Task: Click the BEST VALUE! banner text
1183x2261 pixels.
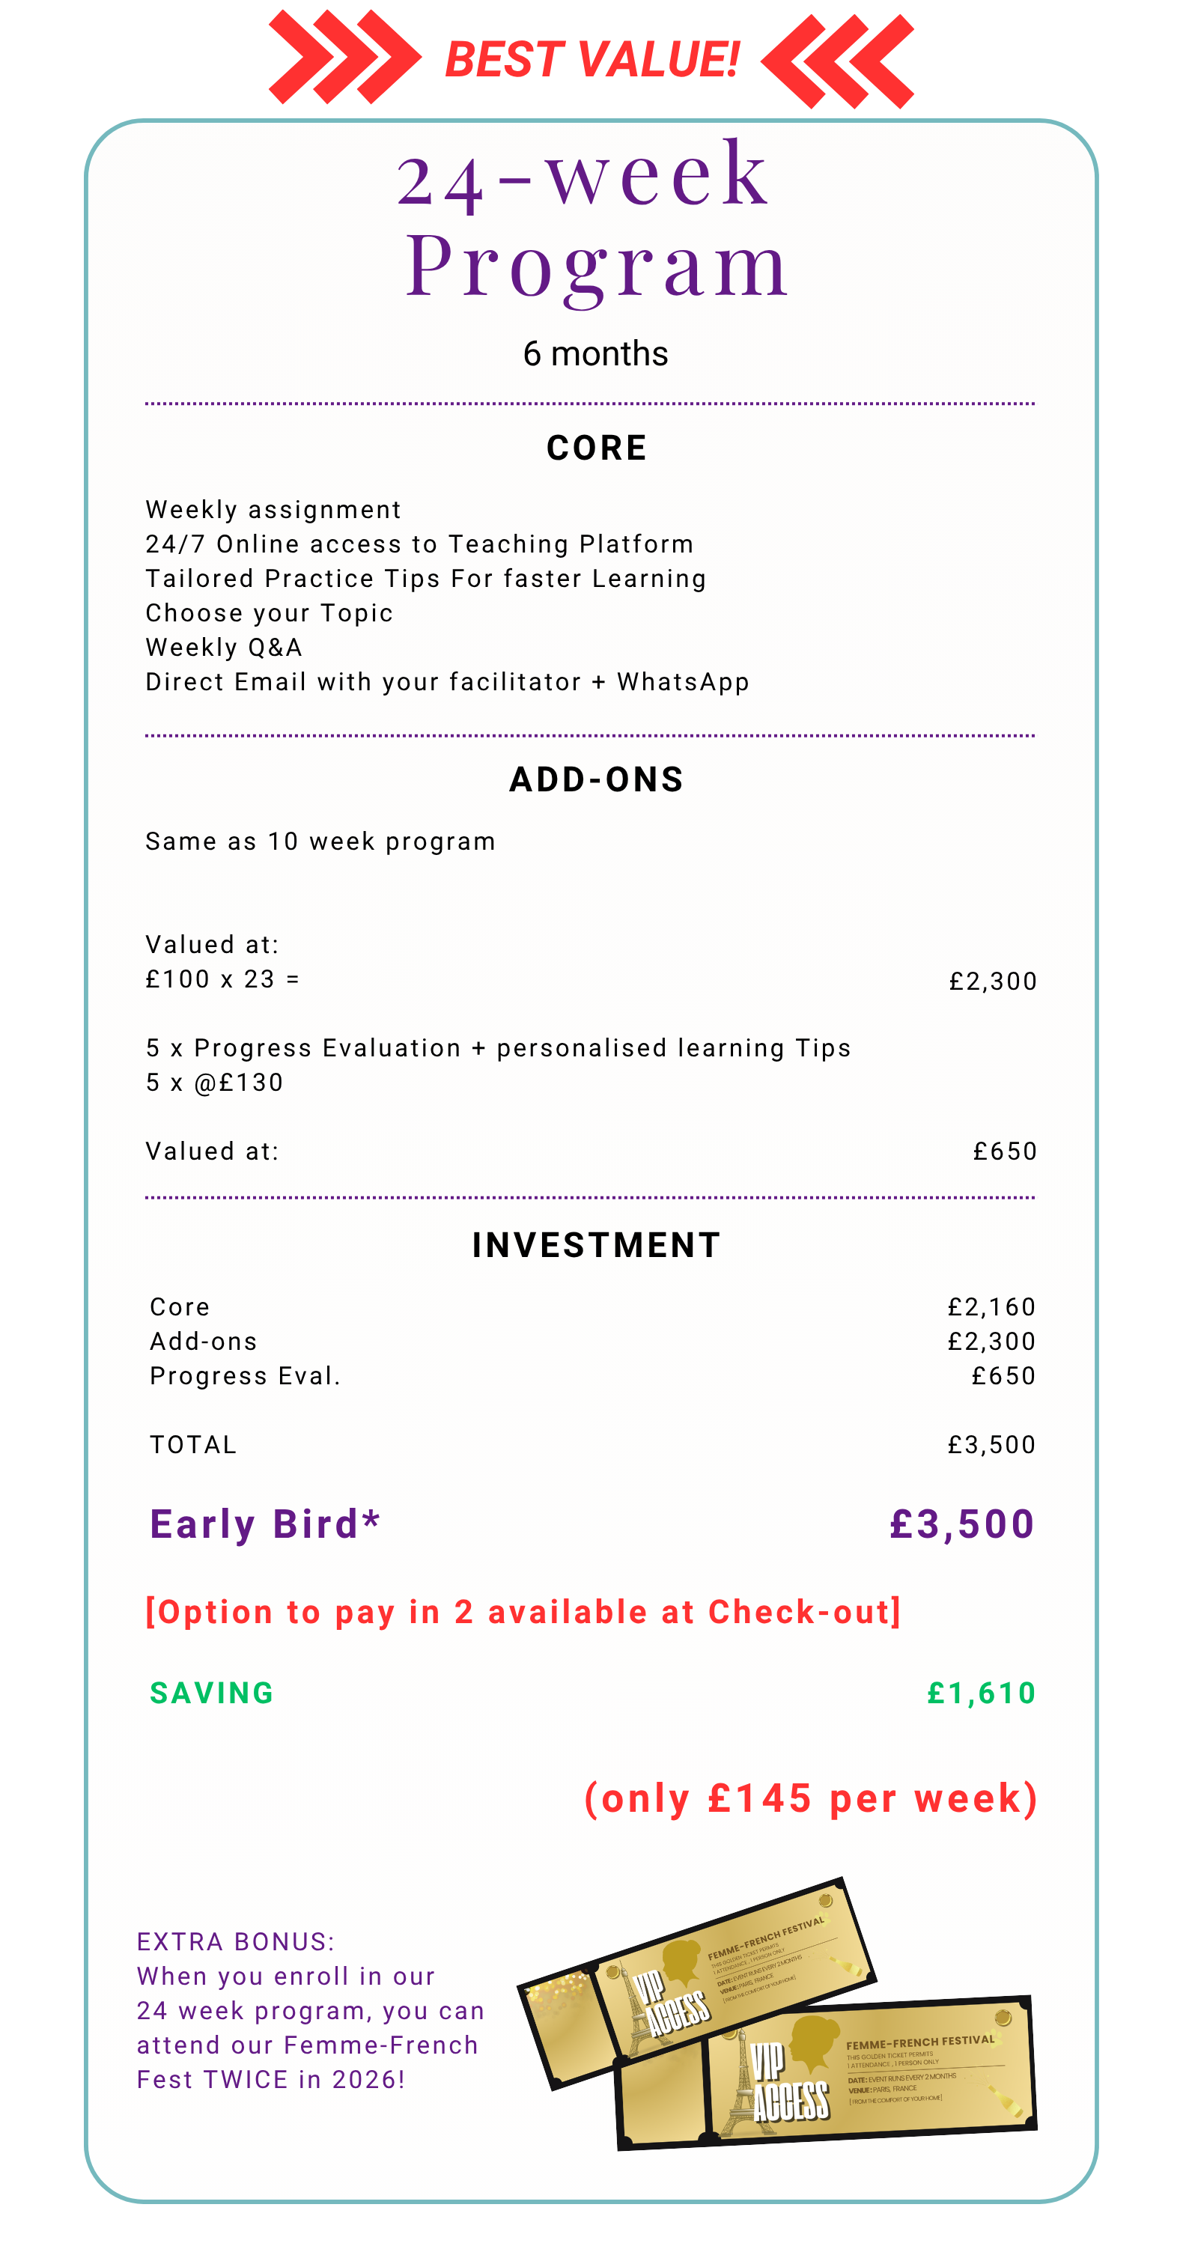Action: pyautogui.click(x=592, y=60)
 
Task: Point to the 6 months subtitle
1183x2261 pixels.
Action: pyautogui.click(x=595, y=353)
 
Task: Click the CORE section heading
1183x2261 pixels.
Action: pyautogui.click(x=596, y=448)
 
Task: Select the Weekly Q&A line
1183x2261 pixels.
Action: pyautogui.click(x=224, y=648)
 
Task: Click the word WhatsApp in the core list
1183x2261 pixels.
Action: pyautogui.click(x=683, y=682)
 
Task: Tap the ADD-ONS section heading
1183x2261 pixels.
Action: pyautogui.click(x=596, y=779)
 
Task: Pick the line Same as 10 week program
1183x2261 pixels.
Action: pyautogui.click(x=320, y=842)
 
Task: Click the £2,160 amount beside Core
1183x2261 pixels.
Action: pyautogui.click(x=991, y=1307)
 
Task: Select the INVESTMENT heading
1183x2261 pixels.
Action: pyautogui.click(x=596, y=1244)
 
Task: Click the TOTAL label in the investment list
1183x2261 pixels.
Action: pyautogui.click(x=193, y=1445)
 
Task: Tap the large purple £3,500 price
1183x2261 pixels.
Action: pyautogui.click(x=962, y=1524)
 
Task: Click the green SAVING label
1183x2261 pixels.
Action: pyautogui.click(x=211, y=1693)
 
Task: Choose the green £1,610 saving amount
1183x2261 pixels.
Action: pyautogui.click(x=981, y=1693)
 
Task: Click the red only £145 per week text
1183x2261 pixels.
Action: pyautogui.click(x=811, y=1798)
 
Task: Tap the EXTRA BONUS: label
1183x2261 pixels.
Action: pyautogui.click(x=235, y=1941)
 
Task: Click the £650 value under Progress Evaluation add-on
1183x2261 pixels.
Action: pyautogui.click(x=1005, y=1151)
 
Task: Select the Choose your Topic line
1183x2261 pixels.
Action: pyautogui.click(x=269, y=613)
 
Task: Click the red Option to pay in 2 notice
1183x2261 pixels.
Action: pyautogui.click(x=523, y=1613)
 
